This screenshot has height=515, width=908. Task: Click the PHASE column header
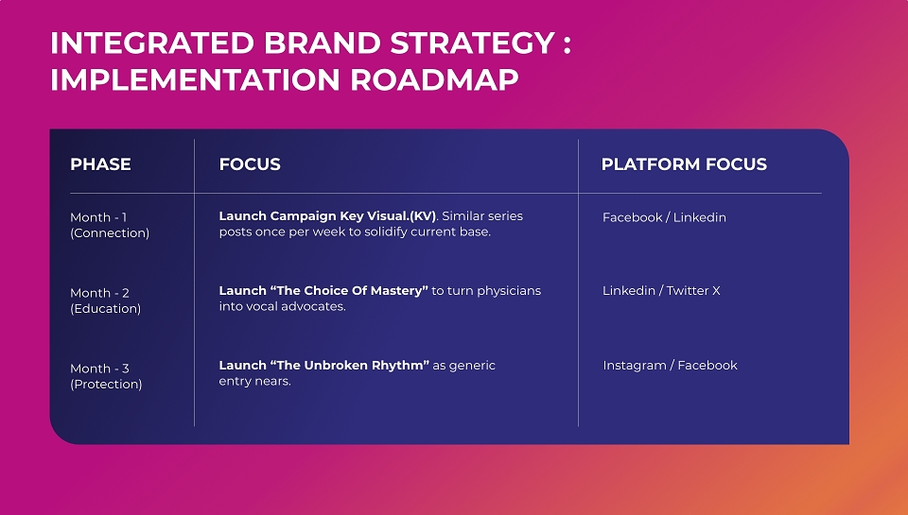click(100, 164)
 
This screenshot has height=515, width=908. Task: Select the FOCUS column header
click(250, 164)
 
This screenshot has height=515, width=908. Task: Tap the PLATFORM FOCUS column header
click(684, 164)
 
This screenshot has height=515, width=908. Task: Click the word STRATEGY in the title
click(473, 43)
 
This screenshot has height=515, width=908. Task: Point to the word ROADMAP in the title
click(434, 80)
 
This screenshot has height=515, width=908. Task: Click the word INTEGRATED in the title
click(152, 43)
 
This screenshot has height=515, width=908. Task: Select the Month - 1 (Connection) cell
click(110, 225)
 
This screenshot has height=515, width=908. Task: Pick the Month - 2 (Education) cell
click(105, 300)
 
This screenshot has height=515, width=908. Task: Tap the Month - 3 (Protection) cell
click(106, 376)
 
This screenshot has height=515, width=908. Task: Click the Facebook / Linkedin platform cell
click(664, 217)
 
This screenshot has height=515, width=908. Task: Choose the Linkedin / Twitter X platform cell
click(661, 290)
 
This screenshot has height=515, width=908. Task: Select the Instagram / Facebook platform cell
click(670, 366)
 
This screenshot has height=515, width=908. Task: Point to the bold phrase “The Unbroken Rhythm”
click(350, 365)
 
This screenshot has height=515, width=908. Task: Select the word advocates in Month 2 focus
click(313, 307)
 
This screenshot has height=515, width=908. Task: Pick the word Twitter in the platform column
click(688, 290)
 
